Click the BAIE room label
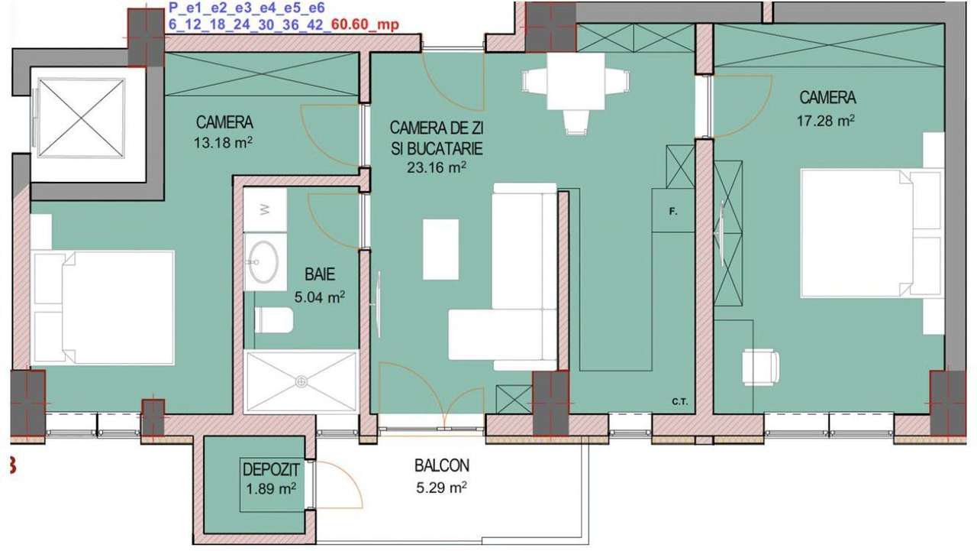click(x=319, y=274)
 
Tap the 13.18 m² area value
click(x=224, y=141)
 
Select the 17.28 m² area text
click(x=827, y=120)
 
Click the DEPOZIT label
click(x=270, y=469)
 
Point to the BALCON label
click(x=442, y=465)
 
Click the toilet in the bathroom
click(x=273, y=320)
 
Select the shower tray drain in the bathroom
click(x=302, y=381)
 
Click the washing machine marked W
click(x=265, y=209)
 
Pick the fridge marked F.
click(x=672, y=210)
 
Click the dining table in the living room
click(x=576, y=81)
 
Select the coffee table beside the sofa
click(x=440, y=249)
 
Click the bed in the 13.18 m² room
click(x=104, y=307)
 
